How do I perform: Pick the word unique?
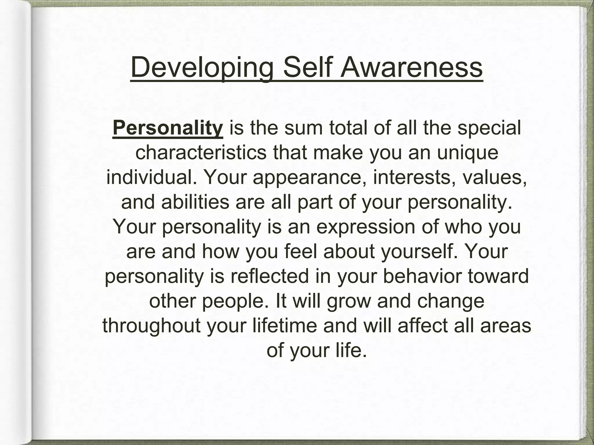tap(468, 153)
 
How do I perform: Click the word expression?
tap(366, 227)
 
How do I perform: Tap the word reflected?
tap(270, 276)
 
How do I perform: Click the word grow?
tap(349, 301)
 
